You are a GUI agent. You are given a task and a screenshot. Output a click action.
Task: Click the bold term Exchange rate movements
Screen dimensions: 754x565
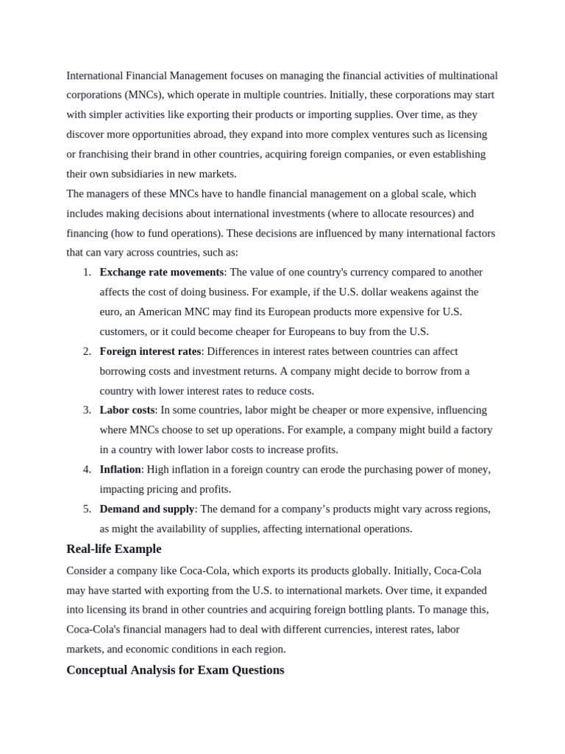click(x=161, y=272)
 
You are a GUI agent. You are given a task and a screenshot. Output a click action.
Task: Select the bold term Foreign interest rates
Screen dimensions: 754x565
click(x=150, y=351)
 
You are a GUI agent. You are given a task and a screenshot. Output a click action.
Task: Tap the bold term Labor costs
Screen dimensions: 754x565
click(x=127, y=410)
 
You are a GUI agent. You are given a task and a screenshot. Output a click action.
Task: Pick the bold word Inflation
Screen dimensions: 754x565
click(x=120, y=469)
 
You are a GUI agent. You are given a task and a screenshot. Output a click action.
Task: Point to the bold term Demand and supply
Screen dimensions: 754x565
click(x=147, y=509)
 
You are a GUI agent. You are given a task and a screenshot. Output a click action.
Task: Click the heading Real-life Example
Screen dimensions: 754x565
click(x=113, y=549)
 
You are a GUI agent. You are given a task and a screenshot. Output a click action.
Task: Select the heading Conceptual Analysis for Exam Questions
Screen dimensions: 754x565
click(x=175, y=670)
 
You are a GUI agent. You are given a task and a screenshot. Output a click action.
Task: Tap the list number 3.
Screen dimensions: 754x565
click(x=87, y=410)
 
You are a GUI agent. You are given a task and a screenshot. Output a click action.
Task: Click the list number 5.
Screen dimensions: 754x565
click(x=87, y=509)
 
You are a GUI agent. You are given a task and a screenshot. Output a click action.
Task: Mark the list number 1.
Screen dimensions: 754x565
click(x=87, y=272)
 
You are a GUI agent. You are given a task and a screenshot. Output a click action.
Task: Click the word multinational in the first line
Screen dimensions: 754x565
click(x=467, y=76)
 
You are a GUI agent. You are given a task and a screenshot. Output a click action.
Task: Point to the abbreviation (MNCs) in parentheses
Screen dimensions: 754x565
click(x=145, y=95)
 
